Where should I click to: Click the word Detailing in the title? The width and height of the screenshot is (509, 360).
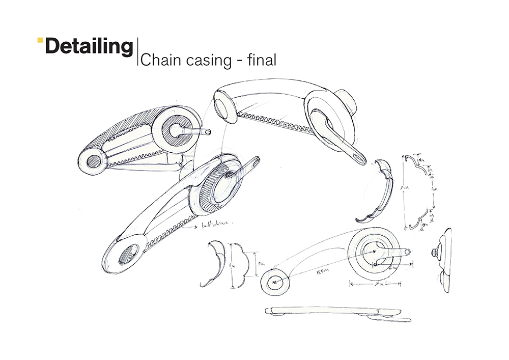[89, 47]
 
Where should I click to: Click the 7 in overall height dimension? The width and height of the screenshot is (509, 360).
[403, 188]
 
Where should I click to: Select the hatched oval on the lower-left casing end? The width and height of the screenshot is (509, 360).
[129, 254]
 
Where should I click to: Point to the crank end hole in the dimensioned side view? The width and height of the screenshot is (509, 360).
[407, 251]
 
